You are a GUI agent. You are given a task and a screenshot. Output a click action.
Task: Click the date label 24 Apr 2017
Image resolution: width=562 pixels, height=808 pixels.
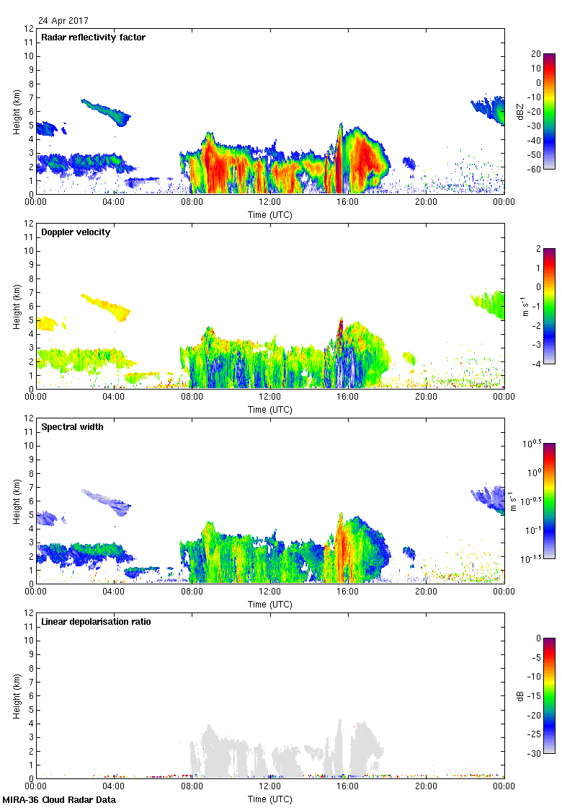[x=63, y=21]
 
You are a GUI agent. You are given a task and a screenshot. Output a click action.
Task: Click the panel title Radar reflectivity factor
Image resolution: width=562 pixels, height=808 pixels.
[x=93, y=38]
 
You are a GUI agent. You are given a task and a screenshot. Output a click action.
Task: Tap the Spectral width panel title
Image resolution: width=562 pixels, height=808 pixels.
[x=72, y=427]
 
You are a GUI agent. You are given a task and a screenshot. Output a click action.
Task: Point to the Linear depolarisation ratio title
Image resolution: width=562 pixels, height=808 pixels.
[x=96, y=622]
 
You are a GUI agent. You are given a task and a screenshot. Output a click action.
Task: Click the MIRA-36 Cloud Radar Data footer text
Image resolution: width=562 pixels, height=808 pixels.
[x=59, y=800]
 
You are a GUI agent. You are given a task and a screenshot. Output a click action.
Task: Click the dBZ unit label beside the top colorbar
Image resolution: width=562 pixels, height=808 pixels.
[x=520, y=111]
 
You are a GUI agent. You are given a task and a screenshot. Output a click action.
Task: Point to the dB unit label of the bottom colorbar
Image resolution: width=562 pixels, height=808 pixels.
[x=520, y=695]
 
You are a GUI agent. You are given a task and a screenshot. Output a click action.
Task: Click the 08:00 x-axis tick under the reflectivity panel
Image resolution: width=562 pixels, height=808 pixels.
[x=192, y=202]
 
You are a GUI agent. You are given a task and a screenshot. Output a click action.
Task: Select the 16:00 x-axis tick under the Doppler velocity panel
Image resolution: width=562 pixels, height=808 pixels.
[x=348, y=397]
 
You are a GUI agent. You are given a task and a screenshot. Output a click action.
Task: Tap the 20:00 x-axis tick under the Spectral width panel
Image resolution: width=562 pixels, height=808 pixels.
[x=426, y=592]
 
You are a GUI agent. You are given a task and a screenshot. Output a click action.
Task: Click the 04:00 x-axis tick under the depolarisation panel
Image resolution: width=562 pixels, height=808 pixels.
[x=114, y=786]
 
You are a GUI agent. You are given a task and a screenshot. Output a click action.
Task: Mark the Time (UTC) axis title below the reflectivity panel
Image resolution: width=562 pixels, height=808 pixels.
[x=270, y=214]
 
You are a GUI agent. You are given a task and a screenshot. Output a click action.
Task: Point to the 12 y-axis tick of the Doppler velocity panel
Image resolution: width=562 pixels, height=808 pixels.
[x=28, y=224]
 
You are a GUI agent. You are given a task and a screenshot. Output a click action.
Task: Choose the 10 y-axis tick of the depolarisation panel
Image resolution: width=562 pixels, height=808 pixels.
[x=28, y=641]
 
